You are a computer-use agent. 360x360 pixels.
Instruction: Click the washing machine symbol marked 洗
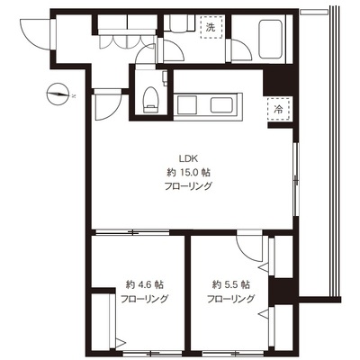(x=211, y=27)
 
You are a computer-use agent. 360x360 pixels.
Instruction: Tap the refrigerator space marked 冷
(x=279, y=109)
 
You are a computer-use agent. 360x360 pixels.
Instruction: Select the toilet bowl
(x=150, y=99)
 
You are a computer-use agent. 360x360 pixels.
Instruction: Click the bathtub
(x=270, y=40)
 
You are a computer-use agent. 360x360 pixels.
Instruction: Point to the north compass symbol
(x=58, y=94)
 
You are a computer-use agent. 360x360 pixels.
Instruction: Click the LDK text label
(x=187, y=157)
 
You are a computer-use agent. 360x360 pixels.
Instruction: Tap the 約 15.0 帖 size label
(x=188, y=173)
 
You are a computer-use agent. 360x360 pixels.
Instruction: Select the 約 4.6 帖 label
(x=145, y=284)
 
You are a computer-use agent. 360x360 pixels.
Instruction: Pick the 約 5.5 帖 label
(x=231, y=284)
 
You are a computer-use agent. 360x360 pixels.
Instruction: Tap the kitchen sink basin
(x=222, y=105)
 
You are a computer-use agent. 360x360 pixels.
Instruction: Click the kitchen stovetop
(x=186, y=105)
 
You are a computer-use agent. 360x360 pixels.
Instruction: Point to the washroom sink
(x=183, y=23)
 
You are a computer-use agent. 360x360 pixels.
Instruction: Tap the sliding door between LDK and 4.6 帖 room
(x=132, y=232)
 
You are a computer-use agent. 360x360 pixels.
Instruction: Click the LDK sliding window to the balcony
(x=296, y=179)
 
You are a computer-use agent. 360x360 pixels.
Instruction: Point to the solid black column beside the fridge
(x=278, y=82)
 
